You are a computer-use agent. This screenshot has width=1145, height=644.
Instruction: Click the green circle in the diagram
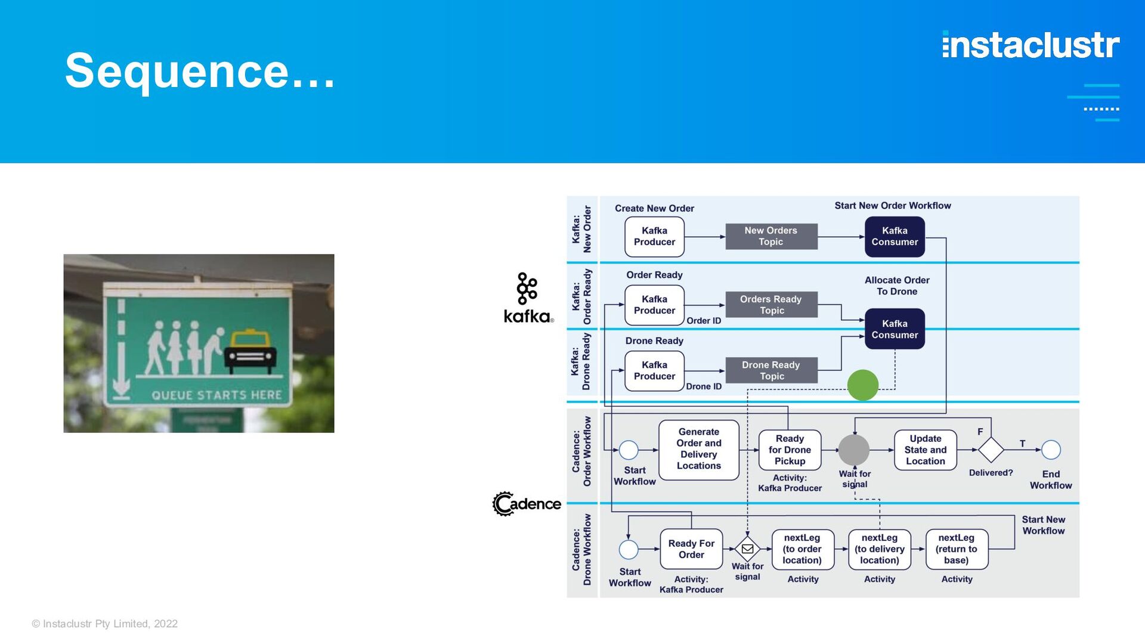click(x=862, y=385)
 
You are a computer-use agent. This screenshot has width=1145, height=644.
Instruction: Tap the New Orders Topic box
click(x=771, y=236)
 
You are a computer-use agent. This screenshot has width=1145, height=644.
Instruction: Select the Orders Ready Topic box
click(x=771, y=305)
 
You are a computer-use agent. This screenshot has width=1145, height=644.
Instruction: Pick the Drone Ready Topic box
click(x=771, y=370)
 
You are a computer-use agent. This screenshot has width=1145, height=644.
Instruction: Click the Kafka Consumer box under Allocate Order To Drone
click(x=895, y=329)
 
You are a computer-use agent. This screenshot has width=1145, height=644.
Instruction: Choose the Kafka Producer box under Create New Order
click(x=654, y=237)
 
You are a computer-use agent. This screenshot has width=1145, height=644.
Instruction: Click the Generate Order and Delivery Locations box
click(x=699, y=449)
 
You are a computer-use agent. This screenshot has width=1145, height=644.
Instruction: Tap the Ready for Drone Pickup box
click(x=790, y=450)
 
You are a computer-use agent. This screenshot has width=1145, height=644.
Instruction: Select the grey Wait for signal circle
click(x=854, y=450)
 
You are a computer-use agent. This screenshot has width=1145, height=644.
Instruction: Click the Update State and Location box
click(x=926, y=450)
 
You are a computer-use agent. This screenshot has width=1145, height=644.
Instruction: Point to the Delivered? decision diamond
click(x=991, y=450)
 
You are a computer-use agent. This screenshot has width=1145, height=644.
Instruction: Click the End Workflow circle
click(x=1051, y=450)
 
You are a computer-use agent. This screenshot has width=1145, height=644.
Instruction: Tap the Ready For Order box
click(x=691, y=549)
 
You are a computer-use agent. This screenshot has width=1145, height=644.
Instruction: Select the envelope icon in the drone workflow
click(x=747, y=549)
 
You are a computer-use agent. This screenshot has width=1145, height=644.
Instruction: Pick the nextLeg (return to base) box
click(x=957, y=549)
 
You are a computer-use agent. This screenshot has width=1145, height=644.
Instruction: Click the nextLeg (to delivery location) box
click(x=880, y=549)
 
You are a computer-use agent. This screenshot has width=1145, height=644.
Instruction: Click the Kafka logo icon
click(x=527, y=289)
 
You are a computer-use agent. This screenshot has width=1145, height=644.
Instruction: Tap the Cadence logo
click(x=527, y=504)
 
